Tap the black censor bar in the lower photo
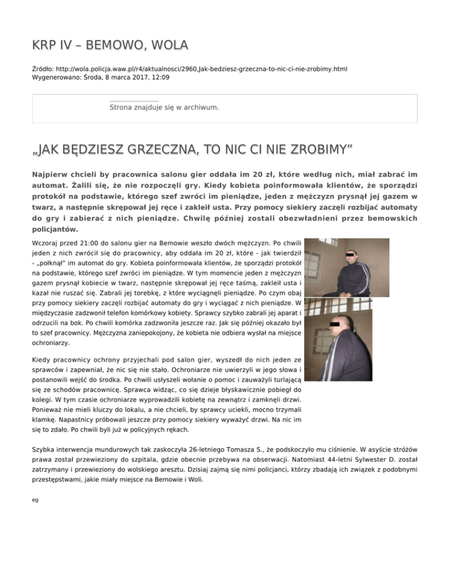342,323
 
